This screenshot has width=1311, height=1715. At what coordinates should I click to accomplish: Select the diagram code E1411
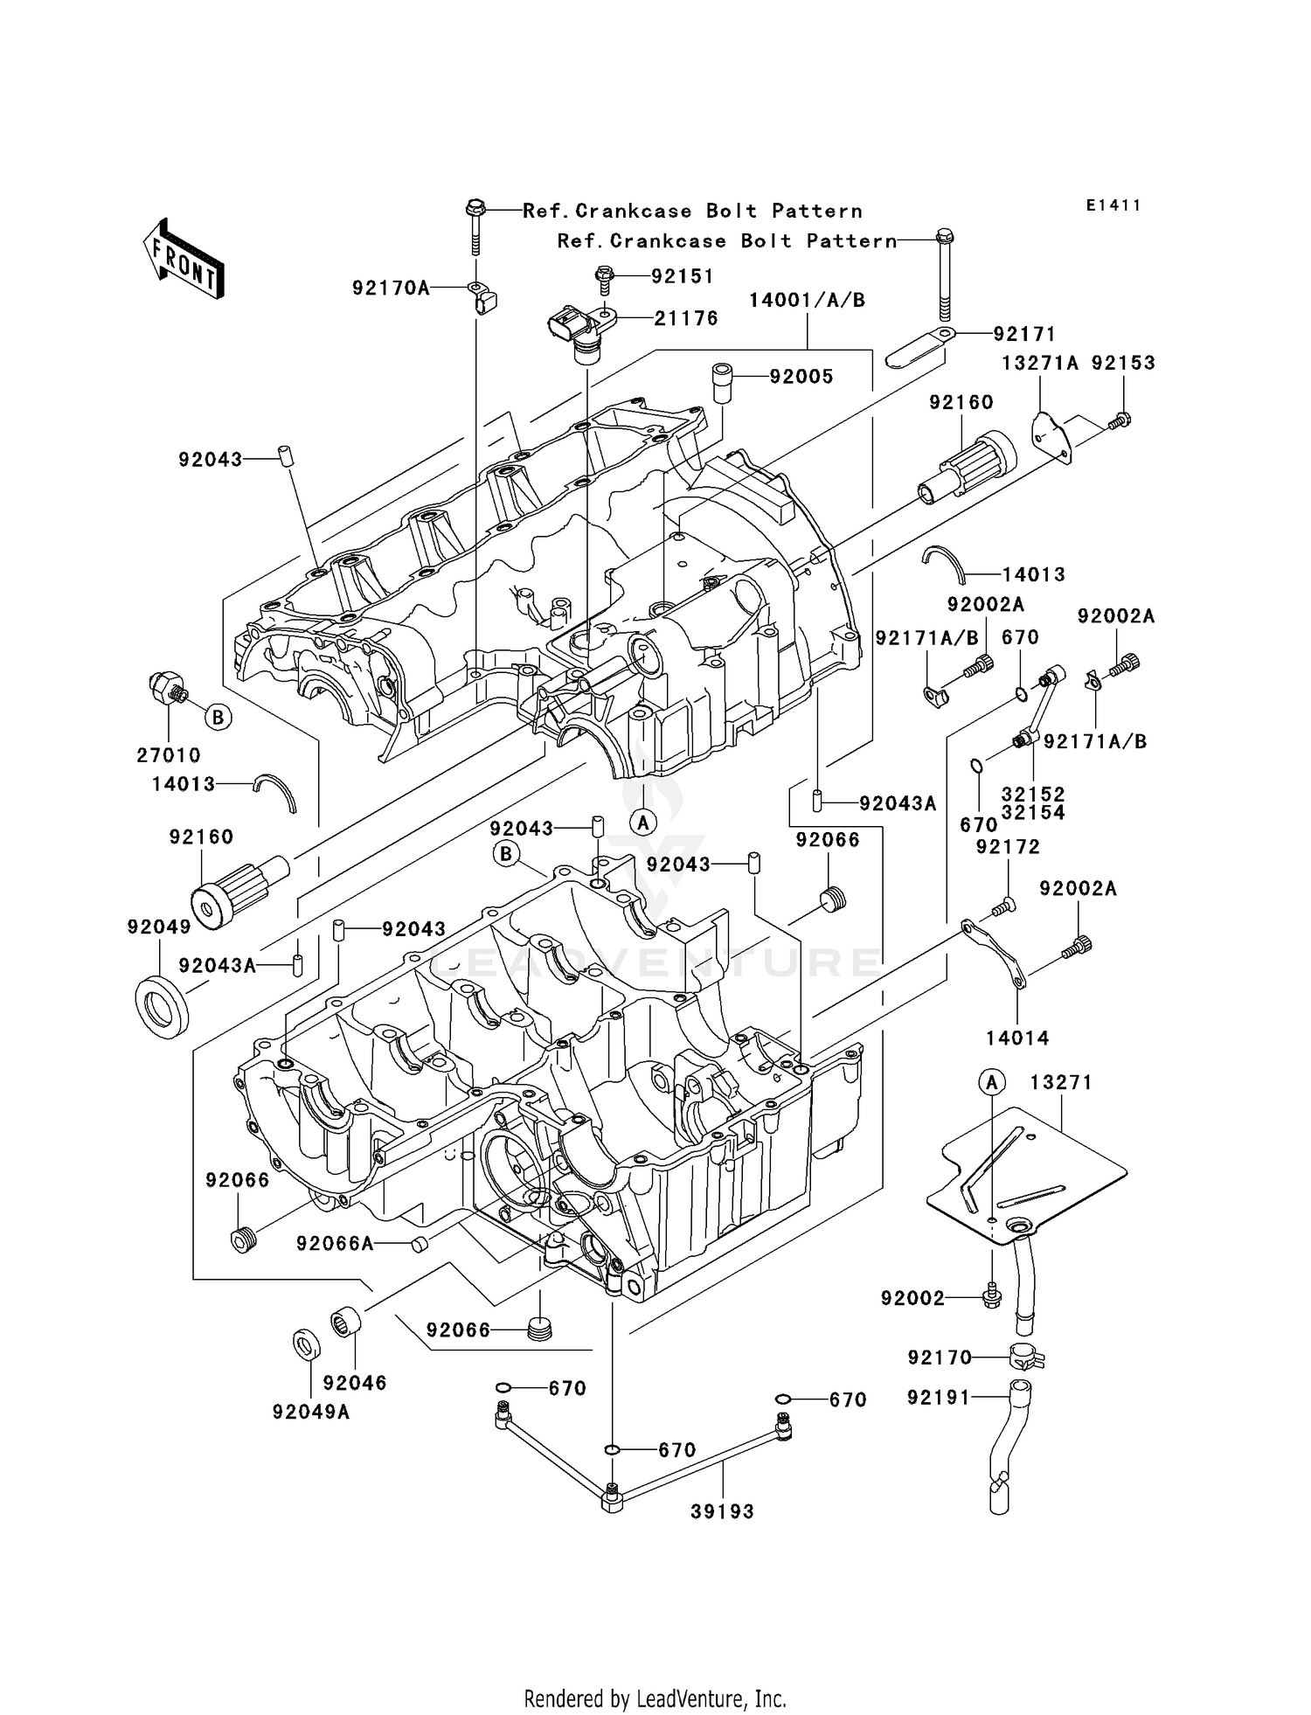click(1113, 205)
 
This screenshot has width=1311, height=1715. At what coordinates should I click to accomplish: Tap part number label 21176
click(686, 319)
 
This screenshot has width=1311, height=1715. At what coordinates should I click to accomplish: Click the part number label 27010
click(169, 755)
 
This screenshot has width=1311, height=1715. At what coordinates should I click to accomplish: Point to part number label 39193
click(722, 1511)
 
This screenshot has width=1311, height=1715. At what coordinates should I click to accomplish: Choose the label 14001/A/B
click(807, 301)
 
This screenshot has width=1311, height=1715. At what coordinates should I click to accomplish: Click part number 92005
click(801, 377)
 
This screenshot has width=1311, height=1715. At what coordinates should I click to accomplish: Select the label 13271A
click(1040, 363)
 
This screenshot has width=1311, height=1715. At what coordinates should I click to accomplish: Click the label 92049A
click(311, 1412)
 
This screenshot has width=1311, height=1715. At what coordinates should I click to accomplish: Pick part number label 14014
click(1017, 1038)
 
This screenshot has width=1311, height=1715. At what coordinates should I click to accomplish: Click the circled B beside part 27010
click(218, 718)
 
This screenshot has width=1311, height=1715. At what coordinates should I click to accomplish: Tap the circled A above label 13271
click(991, 1083)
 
